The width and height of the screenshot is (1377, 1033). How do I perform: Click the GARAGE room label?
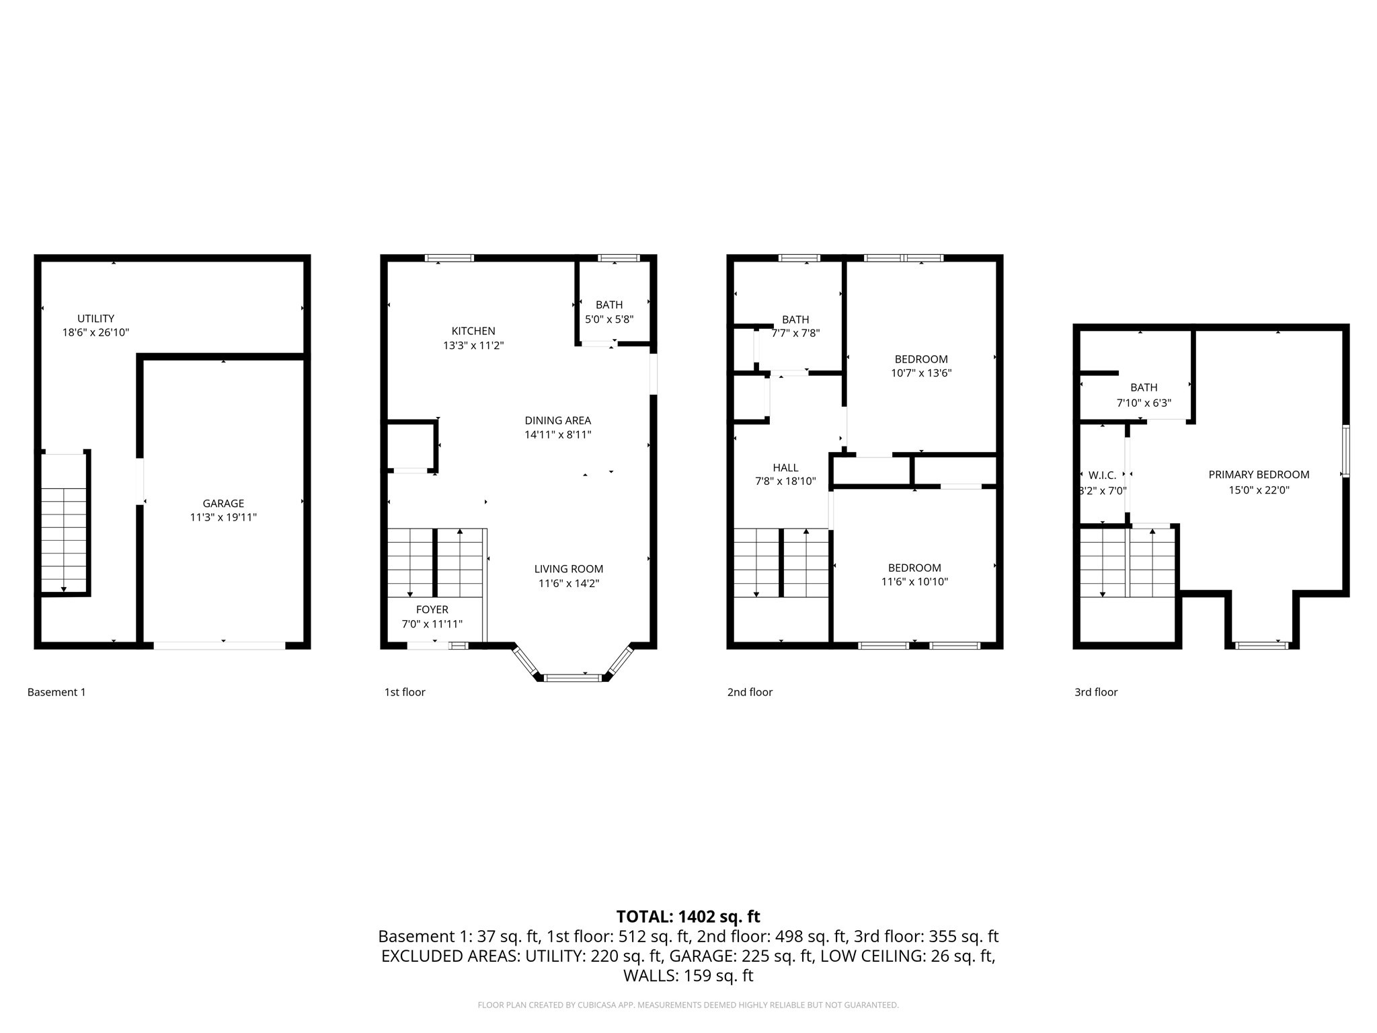(x=223, y=503)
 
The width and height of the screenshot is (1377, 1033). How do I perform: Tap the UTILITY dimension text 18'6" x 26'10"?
(x=95, y=332)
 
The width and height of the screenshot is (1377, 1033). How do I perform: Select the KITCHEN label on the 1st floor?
(x=473, y=331)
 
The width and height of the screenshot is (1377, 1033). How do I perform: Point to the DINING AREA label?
(x=557, y=420)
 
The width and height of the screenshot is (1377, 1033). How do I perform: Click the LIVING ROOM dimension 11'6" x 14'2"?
(x=568, y=583)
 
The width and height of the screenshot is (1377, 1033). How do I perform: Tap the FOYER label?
(x=432, y=609)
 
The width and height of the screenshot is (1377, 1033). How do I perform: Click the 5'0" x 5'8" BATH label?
(x=609, y=319)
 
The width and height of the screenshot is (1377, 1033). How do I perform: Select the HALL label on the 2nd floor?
(x=785, y=467)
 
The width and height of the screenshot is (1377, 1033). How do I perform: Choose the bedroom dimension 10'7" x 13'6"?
(x=921, y=373)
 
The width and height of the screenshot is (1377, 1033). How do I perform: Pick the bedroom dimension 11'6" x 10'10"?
(x=914, y=582)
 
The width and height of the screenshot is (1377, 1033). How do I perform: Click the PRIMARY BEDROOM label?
(x=1259, y=474)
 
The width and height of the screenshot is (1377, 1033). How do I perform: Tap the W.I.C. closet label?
(x=1101, y=475)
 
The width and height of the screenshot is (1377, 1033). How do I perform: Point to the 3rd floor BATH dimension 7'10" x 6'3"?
(x=1144, y=403)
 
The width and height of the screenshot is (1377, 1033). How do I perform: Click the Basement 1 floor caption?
(x=56, y=692)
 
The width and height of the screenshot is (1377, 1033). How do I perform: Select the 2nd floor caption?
(x=750, y=692)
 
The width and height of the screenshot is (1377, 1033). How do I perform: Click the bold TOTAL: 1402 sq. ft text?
(x=688, y=916)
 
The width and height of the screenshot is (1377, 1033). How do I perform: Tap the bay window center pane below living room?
(x=572, y=677)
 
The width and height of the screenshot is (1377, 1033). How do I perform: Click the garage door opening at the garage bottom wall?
(x=220, y=646)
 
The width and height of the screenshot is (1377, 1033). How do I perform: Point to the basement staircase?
(x=64, y=538)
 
